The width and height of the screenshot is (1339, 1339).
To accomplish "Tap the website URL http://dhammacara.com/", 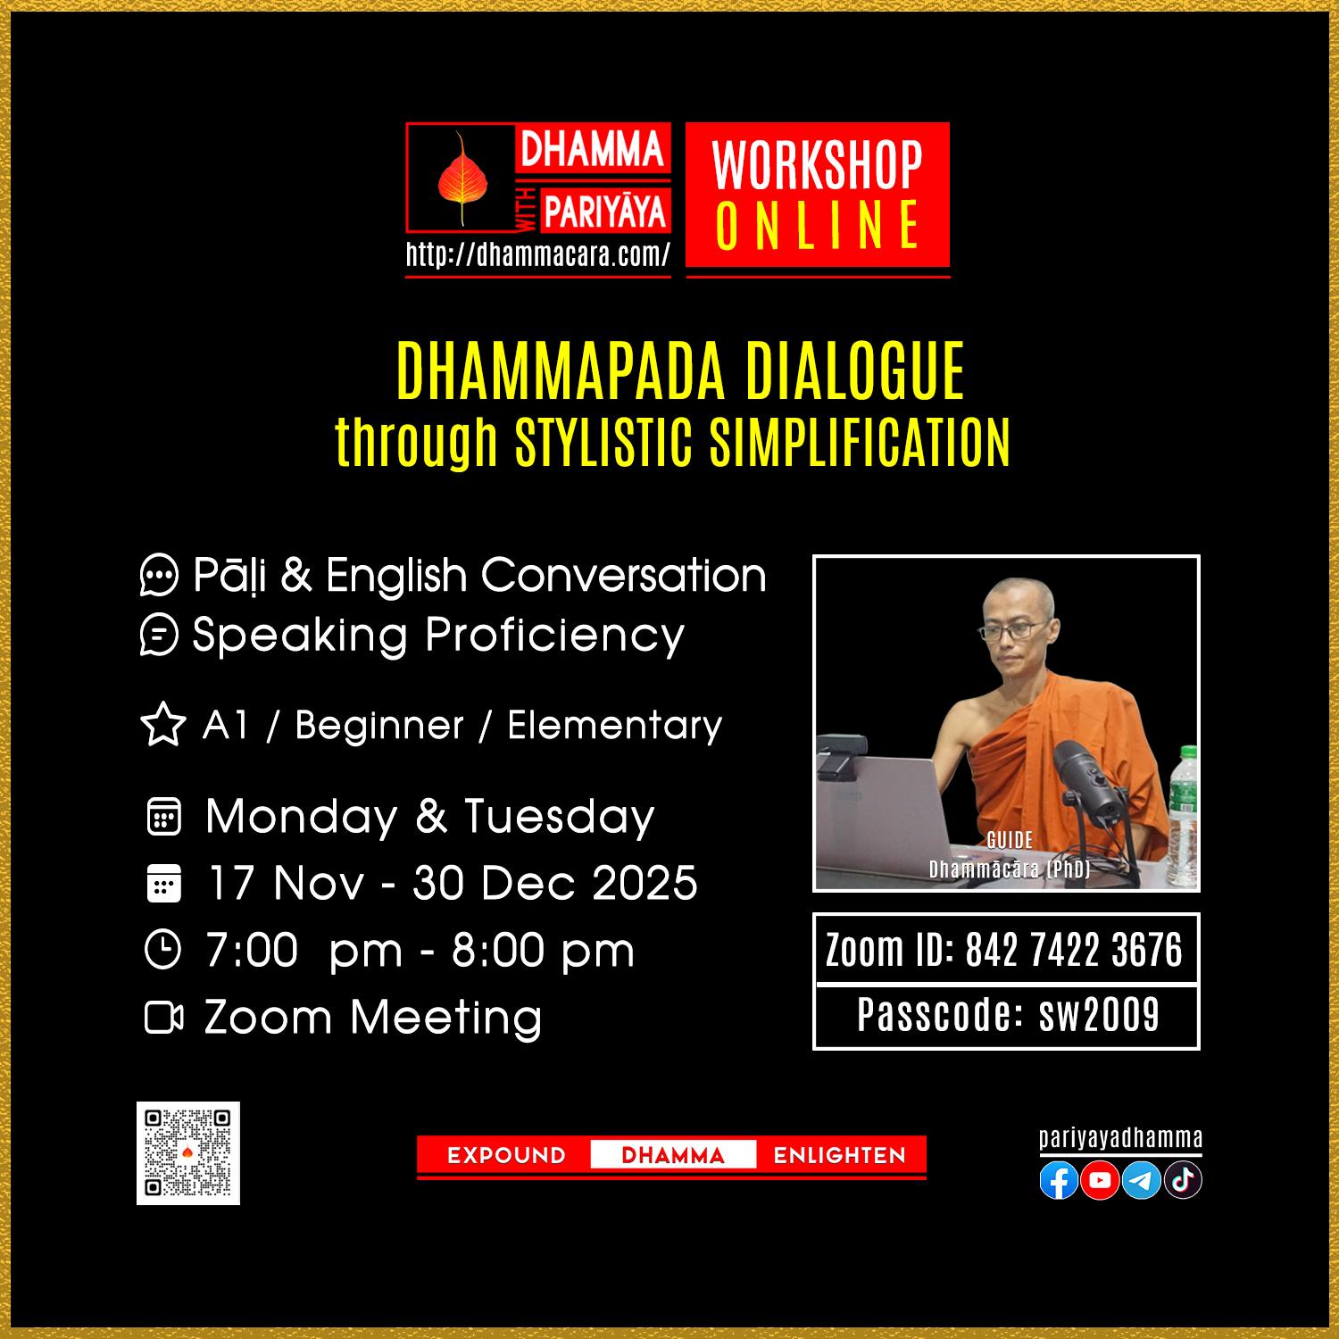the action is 538,255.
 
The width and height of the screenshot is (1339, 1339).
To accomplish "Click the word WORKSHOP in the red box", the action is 817,165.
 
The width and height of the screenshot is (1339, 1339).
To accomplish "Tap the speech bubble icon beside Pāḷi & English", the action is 160,576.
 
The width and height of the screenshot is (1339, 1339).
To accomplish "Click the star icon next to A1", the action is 163,725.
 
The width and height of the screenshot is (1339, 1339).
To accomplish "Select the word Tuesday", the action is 559,817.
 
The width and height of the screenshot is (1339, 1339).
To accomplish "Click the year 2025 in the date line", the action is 645,883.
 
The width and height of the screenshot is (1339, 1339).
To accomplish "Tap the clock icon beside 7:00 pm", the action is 162,950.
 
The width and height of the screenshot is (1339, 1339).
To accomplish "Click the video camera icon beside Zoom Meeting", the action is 163,1018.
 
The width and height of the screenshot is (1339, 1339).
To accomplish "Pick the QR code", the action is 188,1153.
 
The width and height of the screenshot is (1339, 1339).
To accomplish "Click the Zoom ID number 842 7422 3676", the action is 1074,949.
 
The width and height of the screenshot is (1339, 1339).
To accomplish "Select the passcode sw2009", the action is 1099,1015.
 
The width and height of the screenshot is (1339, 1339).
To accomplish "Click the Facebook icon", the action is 1059,1181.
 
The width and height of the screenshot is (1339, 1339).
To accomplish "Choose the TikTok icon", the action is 1183,1181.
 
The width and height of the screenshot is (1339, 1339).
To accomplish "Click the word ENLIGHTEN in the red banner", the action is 839,1156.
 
